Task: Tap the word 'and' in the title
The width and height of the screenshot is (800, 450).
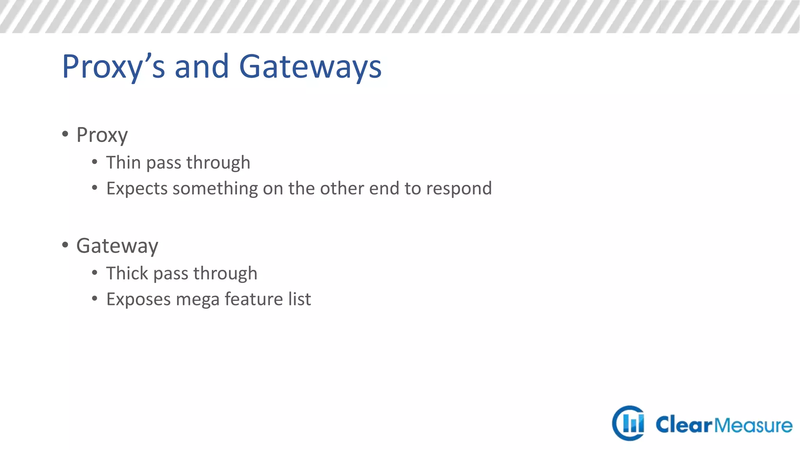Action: pos(201,66)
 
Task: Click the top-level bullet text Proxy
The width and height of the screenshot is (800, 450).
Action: pos(102,135)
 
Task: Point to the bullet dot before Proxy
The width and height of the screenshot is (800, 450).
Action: pos(65,134)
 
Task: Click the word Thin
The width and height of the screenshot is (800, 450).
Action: pos(123,162)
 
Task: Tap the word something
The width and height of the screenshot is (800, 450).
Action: pos(215,189)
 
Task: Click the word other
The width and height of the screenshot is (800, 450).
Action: pos(342,188)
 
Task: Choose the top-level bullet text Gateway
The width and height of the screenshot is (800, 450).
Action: pos(117,246)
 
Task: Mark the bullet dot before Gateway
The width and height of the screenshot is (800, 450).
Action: pos(65,245)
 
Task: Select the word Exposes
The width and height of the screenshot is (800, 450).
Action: pos(139,300)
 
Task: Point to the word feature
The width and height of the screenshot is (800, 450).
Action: pos(254,299)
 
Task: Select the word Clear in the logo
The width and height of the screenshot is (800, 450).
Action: pos(684,425)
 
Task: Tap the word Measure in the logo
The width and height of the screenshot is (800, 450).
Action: pos(754,425)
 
